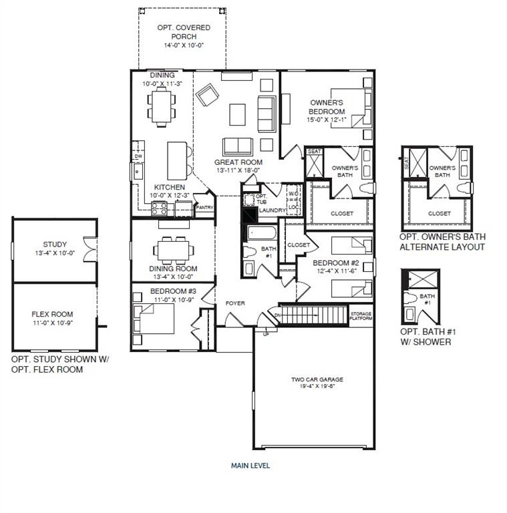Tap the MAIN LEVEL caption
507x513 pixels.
pyautogui.click(x=250, y=466)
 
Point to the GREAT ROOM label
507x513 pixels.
pyautogui.click(x=238, y=162)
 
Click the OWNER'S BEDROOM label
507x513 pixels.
pyautogui.click(x=327, y=107)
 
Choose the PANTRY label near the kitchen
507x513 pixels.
pyautogui.click(x=204, y=208)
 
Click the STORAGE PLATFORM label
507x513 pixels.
pyautogui.click(x=361, y=317)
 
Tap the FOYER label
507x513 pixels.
pyautogui.click(x=234, y=303)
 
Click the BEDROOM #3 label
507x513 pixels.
pyautogui.click(x=172, y=291)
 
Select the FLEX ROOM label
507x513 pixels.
pyautogui.click(x=52, y=314)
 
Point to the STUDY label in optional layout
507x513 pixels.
pyautogui.click(x=55, y=244)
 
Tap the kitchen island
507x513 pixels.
pyautogui.click(x=177, y=158)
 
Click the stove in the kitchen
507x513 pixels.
pyautogui.click(x=160, y=208)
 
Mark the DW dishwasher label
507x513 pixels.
pyautogui.click(x=138, y=157)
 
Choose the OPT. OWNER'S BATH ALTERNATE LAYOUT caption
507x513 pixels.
pyautogui.click(x=442, y=242)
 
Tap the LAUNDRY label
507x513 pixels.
pyautogui.click(x=273, y=210)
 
